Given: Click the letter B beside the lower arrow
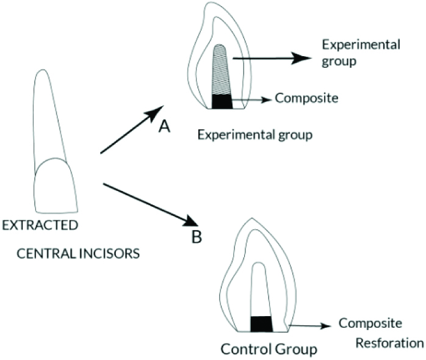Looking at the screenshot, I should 197,237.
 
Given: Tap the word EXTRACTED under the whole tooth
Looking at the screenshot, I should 40,225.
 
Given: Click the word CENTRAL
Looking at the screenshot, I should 53,251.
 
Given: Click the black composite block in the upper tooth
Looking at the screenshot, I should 222,101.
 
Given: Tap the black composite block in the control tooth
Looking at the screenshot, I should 261,323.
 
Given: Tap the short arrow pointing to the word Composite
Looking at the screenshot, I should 250,98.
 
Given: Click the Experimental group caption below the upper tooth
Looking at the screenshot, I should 255,135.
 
